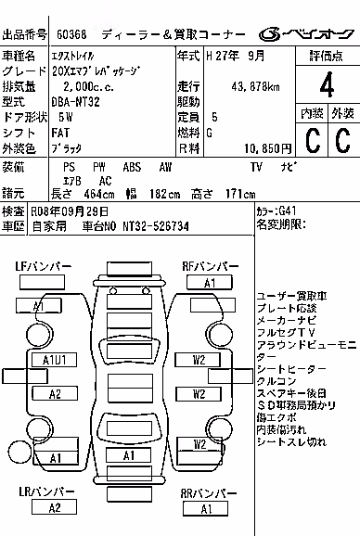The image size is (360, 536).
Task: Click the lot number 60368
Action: pos(71,34)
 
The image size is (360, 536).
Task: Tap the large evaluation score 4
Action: pos(327,84)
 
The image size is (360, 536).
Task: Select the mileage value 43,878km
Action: pos(255,86)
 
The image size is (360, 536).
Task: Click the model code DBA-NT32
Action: pos(75,101)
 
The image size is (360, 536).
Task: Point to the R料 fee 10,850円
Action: pos(268,148)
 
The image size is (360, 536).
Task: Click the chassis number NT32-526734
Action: pos(156,226)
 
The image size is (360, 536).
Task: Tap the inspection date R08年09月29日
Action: pos(70,211)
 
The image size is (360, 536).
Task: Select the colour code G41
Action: pos(288,211)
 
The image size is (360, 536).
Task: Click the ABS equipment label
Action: pos(132,167)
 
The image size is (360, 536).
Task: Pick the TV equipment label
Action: pos(256,167)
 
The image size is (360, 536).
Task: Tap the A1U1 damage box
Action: pos(54,360)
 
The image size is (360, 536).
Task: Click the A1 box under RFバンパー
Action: pos(210,283)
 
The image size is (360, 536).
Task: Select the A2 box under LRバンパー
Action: pos(54,507)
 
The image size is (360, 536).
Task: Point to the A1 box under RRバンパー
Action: pos(205,509)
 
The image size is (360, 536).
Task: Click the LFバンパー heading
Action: pos(43,266)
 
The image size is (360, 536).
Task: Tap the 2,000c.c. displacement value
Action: pos(88,86)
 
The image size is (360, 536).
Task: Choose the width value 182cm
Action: pos(164,194)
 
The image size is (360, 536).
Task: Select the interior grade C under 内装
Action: pos(312,140)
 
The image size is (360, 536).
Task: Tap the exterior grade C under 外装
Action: pos(343,140)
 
